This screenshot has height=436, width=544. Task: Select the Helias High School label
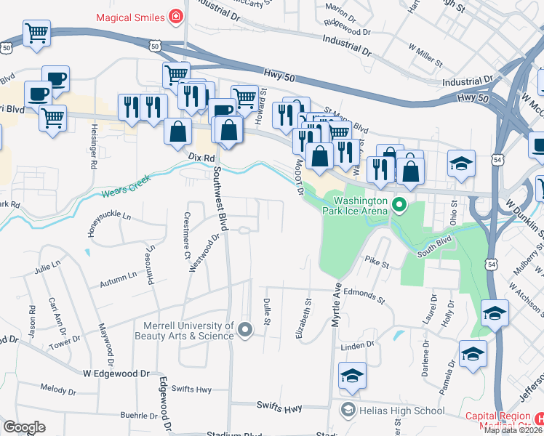click(402, 411)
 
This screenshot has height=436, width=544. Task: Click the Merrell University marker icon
click(245, 331)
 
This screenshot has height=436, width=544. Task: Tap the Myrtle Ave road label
click(337, 299)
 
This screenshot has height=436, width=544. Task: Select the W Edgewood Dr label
click(116, 373)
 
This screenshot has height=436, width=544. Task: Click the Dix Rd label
click(201, 157)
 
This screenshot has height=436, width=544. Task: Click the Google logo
click(24, 427)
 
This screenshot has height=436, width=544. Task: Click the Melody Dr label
click(59, 388)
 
